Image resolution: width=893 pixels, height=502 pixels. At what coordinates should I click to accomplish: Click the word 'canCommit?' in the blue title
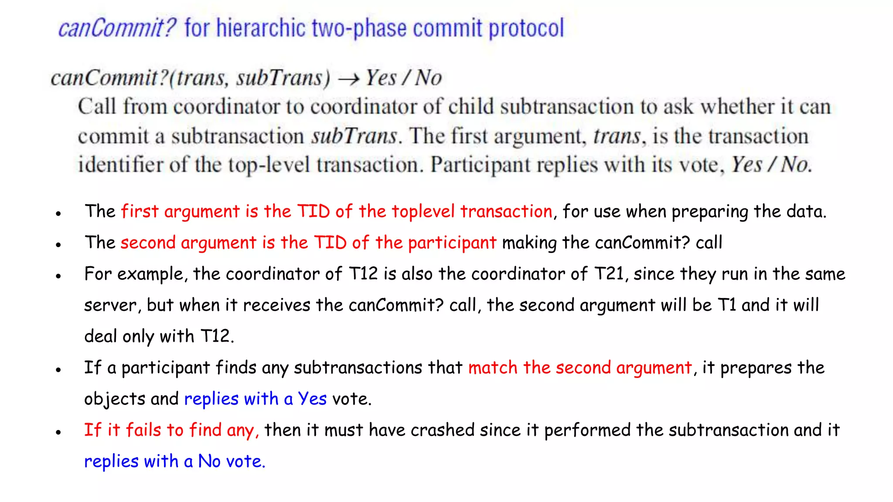[117, 29]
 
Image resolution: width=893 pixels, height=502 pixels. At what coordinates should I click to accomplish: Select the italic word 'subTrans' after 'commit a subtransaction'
[354, 136]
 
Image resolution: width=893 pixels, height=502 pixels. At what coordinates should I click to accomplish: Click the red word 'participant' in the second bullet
[452, 243]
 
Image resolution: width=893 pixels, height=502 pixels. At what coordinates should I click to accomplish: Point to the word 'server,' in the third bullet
[112, 305]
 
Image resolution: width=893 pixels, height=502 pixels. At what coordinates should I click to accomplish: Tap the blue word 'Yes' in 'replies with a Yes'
[312, 399]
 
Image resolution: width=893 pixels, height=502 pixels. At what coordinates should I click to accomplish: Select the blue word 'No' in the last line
[209, 461]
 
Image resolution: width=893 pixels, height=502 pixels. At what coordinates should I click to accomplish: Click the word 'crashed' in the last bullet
[442, 430]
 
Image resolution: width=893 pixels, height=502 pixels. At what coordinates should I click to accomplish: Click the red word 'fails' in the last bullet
[143, 430]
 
